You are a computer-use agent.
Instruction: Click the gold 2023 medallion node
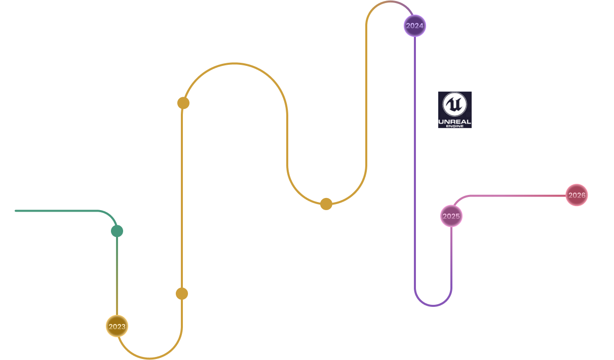pyautogui.click(x=117, y=326)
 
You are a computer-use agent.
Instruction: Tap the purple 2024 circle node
pyautogui.click(x=415, y=25)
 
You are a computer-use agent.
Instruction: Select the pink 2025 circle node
pyautogui.click(x=451, y=216)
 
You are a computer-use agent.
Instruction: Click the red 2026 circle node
pyautogui.click(x=577, y=195)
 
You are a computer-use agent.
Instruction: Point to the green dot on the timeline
pyautogui.click(x=117, y=231)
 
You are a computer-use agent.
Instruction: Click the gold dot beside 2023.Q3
pyautogui.click(x=183, y=103)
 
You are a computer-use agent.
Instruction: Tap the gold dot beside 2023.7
pyautogui.click(x=182, y=294)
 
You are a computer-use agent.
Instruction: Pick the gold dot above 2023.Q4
pyautogui.click(x=326, y=204)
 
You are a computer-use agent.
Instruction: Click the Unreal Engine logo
pyautogui.click(x=454, y=109)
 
